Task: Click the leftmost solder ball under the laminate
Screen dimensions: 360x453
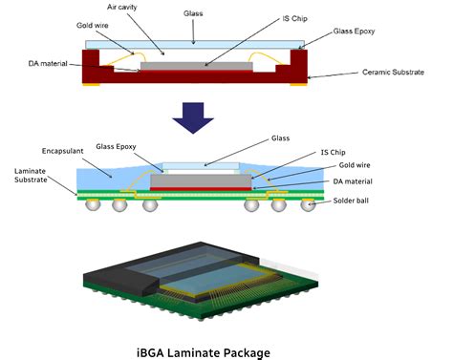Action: (90, 205)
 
